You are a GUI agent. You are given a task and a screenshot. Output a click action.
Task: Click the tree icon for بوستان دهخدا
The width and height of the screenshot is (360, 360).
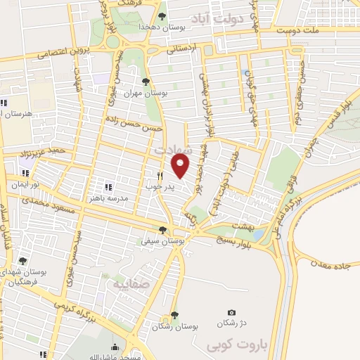(162, 15)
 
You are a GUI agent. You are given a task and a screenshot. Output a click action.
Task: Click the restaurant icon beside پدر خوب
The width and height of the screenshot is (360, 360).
(160, 176)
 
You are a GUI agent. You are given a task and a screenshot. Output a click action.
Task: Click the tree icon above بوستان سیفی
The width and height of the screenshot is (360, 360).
(163, 230)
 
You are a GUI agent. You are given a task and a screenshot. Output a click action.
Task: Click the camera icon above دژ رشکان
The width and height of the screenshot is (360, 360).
(231, 312)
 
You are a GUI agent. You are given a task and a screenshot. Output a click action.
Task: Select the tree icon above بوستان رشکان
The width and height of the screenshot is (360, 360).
(174, 316)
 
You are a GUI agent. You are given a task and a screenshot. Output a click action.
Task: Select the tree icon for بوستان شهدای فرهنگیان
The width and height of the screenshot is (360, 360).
(23, 261)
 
